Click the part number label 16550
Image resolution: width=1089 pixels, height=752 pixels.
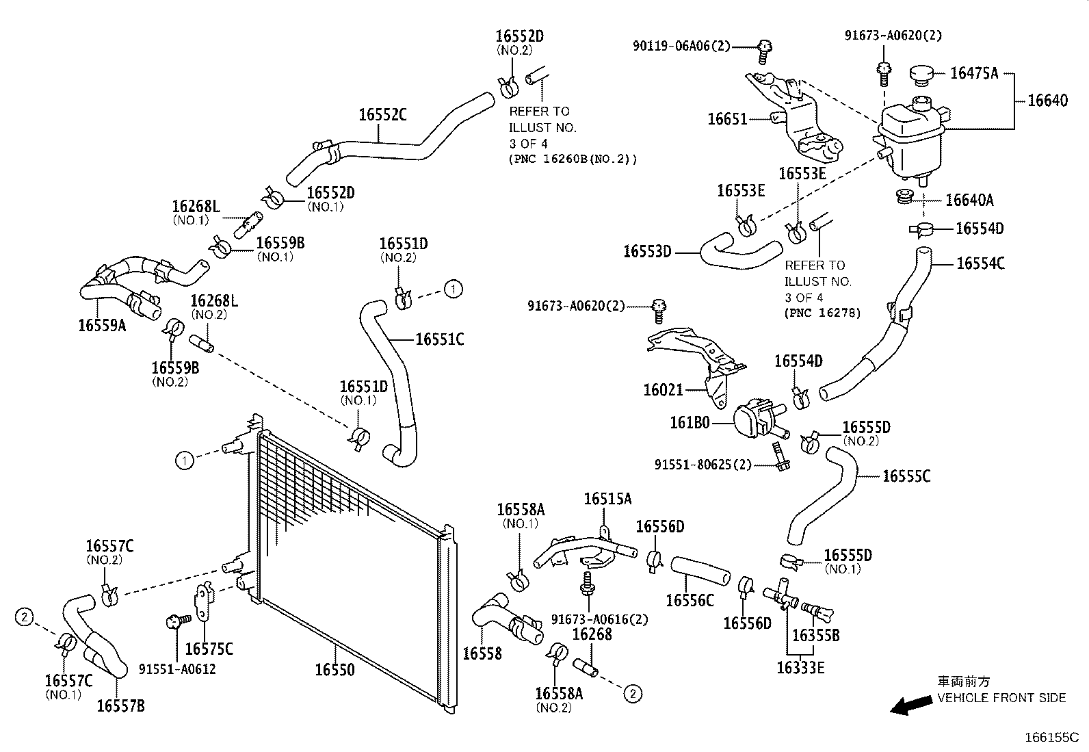coord(334,669)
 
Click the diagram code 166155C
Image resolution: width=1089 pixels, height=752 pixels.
coord(1051,738)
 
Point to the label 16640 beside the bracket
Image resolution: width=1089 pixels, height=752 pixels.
coord(1047,101)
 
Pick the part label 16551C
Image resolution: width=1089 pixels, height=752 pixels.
coord(440,339)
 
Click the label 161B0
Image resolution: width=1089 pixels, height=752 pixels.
coord(690,424)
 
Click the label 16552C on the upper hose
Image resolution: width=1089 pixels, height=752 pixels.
coord(382,114)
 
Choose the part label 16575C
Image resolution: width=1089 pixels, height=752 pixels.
coord(209,648)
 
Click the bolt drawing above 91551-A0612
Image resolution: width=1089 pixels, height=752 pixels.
coord(176,622)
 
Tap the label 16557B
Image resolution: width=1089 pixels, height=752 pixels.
coord(120,706)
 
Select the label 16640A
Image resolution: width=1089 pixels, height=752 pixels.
coord(969,200)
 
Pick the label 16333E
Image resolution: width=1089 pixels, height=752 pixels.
coord(800,667)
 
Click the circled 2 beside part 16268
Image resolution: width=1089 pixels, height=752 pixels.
coord(633,694)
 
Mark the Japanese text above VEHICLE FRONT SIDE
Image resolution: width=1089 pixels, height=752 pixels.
coord(963,682)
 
